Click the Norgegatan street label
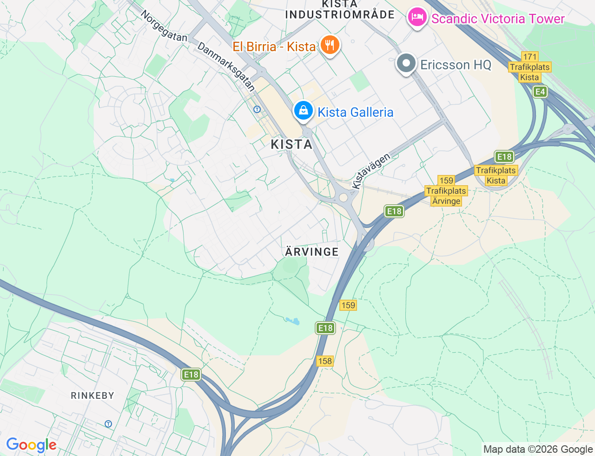(164, 26)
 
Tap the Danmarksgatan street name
(226, 67)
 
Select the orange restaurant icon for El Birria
(330, 45)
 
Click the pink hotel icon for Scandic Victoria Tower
(417, 18)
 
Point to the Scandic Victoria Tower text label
(498, 19)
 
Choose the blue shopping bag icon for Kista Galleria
(303, 111)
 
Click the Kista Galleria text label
(356, 112)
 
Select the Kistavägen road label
(370, 171)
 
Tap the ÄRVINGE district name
(312, 252)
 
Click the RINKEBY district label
(93, 396)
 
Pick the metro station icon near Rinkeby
(108, 424)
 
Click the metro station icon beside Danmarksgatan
(257, 109)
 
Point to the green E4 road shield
(540, 92)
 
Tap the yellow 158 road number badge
(325, 361)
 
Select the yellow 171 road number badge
(529, 57)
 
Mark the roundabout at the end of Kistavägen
(344, 198)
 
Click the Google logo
(31, 445)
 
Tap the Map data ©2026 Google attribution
(538, 449)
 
